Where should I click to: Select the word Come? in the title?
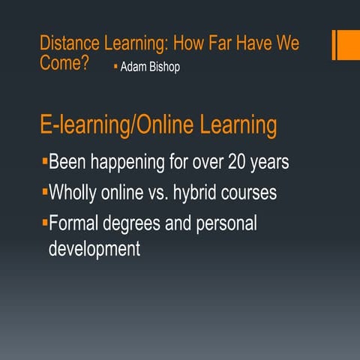point(64,63)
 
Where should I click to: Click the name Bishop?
point(164,67)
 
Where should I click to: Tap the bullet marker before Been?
point(44,160)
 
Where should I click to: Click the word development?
point(94,248)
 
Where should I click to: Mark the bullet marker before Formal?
point(44,222)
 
